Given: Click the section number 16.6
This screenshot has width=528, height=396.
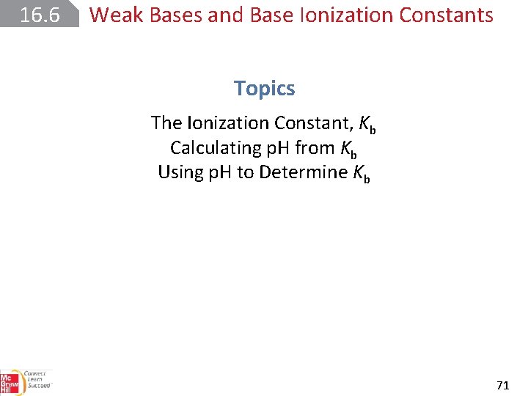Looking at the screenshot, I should point(38,14).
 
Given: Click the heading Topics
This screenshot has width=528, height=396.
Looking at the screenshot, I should point(264,89).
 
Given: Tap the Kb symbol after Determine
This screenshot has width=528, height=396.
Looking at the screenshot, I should point(361,174).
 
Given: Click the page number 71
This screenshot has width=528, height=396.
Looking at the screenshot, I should point(503,384).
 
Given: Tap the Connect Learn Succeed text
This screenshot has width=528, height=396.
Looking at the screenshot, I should point(37,380).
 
